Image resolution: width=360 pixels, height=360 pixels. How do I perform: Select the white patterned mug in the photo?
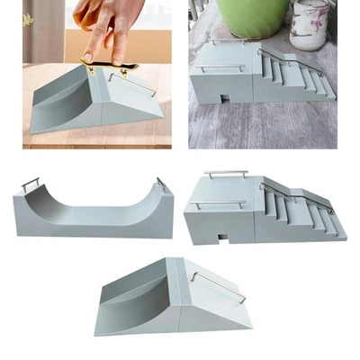point(310,19)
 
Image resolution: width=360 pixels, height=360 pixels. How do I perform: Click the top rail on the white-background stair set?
point(225,173)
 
